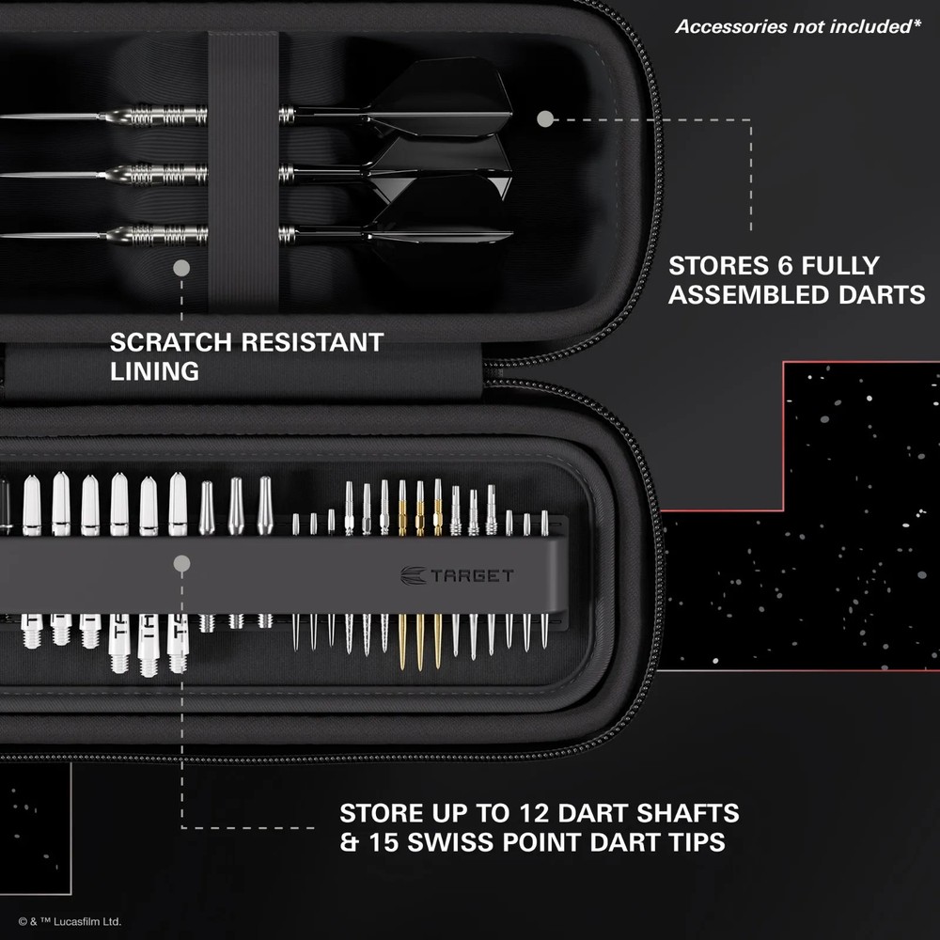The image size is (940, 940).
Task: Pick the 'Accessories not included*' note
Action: point(797,26)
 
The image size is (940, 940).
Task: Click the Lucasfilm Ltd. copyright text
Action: point(70,922)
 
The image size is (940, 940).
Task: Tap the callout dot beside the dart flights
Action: point(544,119)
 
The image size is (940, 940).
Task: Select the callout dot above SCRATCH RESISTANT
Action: point(181,269)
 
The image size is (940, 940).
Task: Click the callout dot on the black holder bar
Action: point(182,564)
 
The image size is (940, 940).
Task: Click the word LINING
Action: point(154,371)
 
